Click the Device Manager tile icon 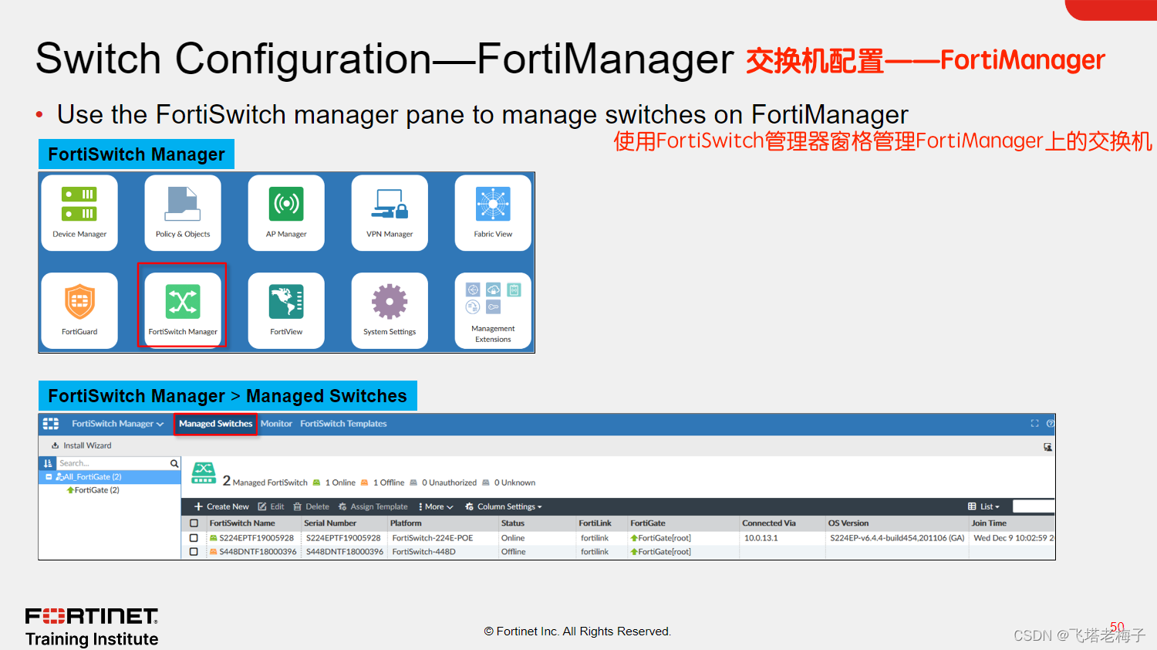point(79,204)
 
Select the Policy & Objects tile point(183,213)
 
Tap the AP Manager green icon point(286,204)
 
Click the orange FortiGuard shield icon point(79,301)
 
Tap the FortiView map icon point(286,301)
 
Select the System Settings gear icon point(390,301)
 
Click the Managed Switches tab point(215,424)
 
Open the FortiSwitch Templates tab point(343,424)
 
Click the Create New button point(221,507)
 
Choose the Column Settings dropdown point(504,507)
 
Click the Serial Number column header point(330,523)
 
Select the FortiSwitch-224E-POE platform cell point(432,538)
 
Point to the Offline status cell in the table point(513,552)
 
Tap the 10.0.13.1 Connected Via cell point(761,538)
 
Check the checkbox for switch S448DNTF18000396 point(194,552)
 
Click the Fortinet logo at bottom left point(92,616)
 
